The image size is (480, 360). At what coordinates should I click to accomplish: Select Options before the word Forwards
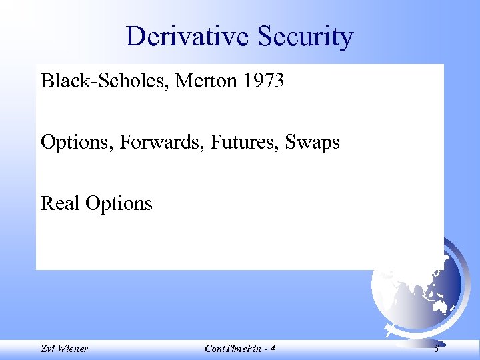tap(75, 143)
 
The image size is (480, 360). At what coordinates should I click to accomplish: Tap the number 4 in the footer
tap(272, 349)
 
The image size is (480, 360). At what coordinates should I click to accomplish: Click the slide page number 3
tap(435, 348)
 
